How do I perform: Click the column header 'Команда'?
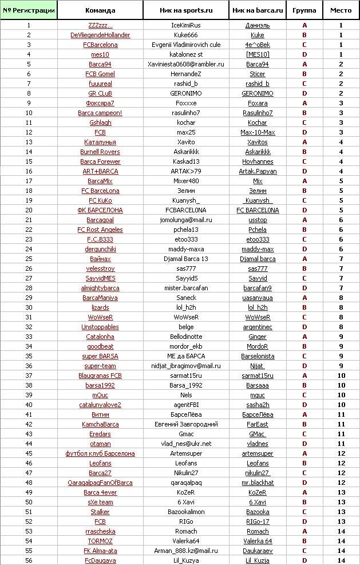[x=100, y=10]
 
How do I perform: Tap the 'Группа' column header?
[x=304, y=10]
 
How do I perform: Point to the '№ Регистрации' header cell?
[x=29, y=10]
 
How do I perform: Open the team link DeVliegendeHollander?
[x=100, y=35]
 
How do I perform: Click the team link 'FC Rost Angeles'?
[x=100, y=230]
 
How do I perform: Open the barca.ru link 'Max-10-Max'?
[x=258, y=132]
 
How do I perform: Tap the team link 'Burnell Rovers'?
[x=100, y=152]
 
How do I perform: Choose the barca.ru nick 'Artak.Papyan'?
[x=258, y=171]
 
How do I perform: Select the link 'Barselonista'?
[x=258, y=356]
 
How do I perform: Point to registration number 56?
[x=29, y=560]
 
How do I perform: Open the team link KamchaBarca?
[x=100, y=424]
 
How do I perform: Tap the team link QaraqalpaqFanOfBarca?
[x=100, y=483]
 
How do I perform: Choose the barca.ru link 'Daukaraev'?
[x=258, y=551]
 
